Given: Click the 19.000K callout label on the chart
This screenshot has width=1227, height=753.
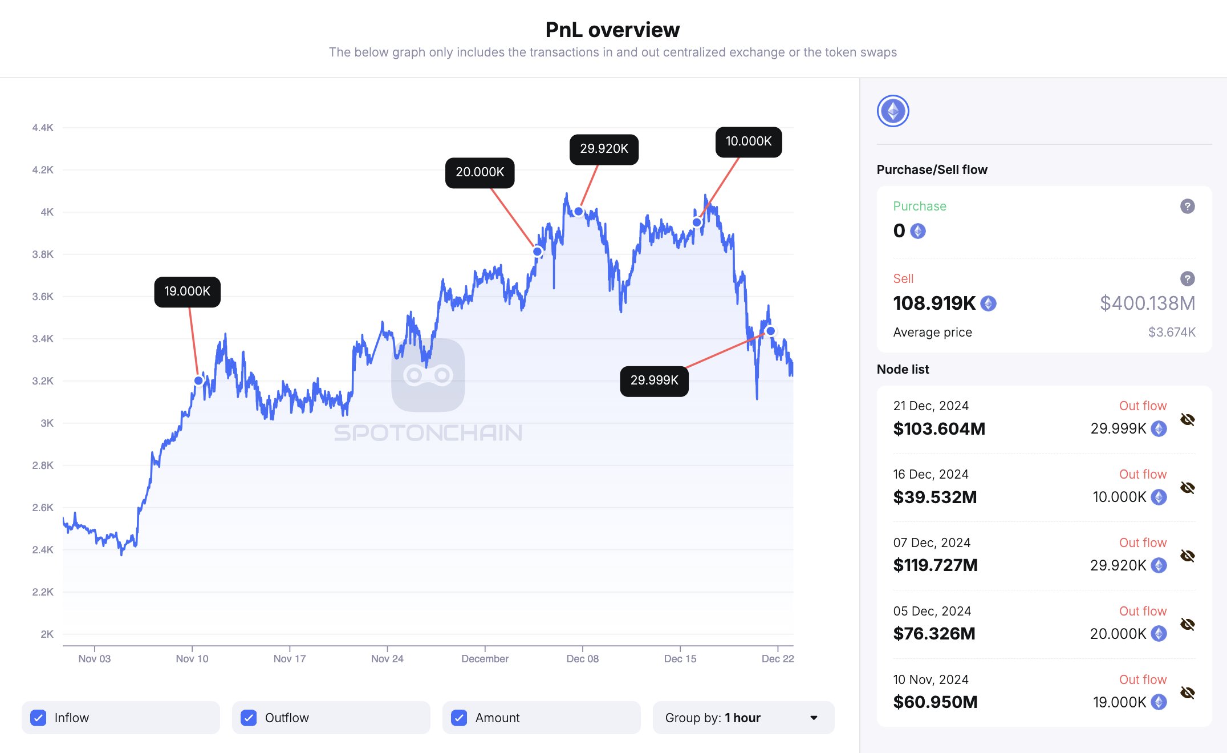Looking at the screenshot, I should [187, 292].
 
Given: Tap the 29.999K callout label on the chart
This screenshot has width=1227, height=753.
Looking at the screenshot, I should [654, 380].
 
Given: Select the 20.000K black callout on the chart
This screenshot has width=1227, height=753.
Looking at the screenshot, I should [480, 172].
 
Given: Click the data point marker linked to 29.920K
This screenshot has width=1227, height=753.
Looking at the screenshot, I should [579, 212].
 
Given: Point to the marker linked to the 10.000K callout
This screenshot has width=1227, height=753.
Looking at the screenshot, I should [697, 222].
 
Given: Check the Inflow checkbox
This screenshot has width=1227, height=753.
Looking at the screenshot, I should [38, 718].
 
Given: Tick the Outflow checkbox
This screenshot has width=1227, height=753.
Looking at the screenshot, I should [249, 718].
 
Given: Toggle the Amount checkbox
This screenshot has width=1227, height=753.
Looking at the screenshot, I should [459, 718].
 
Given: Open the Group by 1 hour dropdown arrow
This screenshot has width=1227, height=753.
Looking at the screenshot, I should [814, 718].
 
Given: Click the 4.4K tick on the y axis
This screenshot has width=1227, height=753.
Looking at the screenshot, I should [43, 128].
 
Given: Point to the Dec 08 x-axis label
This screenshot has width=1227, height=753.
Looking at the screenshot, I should [582, 659].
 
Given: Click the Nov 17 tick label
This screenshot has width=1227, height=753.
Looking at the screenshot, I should [290, 659].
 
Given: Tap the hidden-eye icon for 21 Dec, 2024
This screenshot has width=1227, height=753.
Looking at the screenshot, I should [1188, 420].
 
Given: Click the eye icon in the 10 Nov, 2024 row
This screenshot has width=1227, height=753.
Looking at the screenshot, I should [1188, 693].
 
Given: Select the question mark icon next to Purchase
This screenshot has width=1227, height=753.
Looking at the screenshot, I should [1188, 207].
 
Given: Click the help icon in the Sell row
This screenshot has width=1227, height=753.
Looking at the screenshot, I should [1188, 279].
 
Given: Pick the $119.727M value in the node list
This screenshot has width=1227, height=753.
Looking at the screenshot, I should [935, 565].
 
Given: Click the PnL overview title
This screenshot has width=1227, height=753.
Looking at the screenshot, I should [612, 30].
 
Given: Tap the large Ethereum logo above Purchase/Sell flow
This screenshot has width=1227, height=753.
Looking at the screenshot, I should [893, 111].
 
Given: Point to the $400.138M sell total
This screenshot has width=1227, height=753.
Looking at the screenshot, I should [1147, 303].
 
